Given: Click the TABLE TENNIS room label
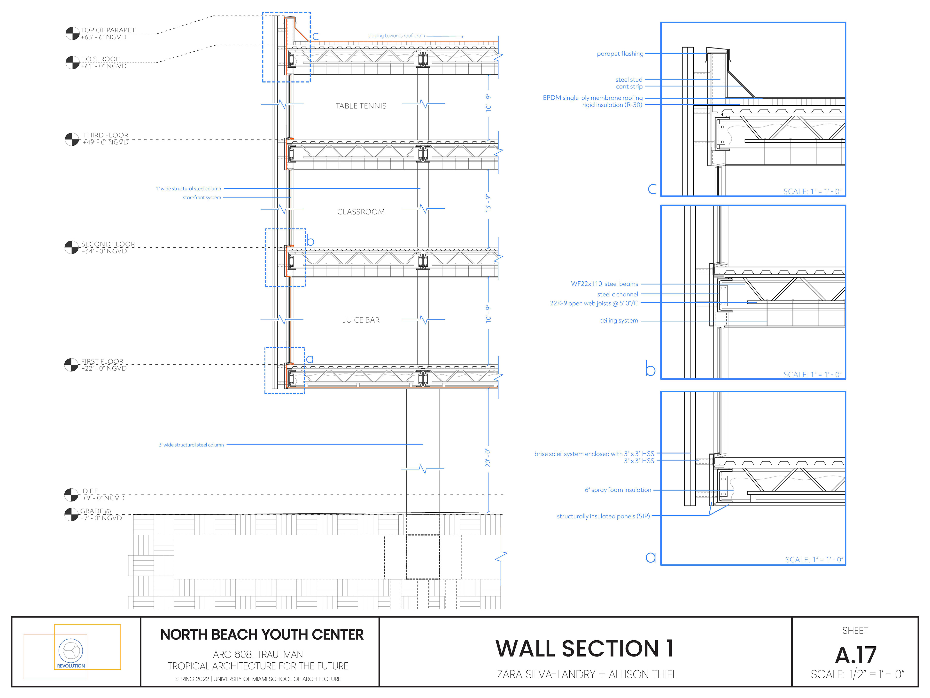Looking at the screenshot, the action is [361, 106].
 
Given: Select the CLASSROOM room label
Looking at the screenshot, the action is [361, 212].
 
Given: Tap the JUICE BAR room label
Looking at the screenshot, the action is [361, 320].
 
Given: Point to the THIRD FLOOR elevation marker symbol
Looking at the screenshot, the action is [72, 139].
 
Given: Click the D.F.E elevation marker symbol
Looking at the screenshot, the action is [71, 495].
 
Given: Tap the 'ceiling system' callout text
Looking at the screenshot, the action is [619, 321].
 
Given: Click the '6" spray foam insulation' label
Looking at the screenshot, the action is [618, 490].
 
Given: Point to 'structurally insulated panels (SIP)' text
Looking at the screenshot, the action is [603, 516].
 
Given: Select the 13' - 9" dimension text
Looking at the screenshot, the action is [488, 203].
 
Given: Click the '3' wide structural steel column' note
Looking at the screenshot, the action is [191, 445].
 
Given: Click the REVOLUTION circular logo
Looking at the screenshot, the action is [71, 650].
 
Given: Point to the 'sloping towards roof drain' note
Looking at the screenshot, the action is [396, 36].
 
